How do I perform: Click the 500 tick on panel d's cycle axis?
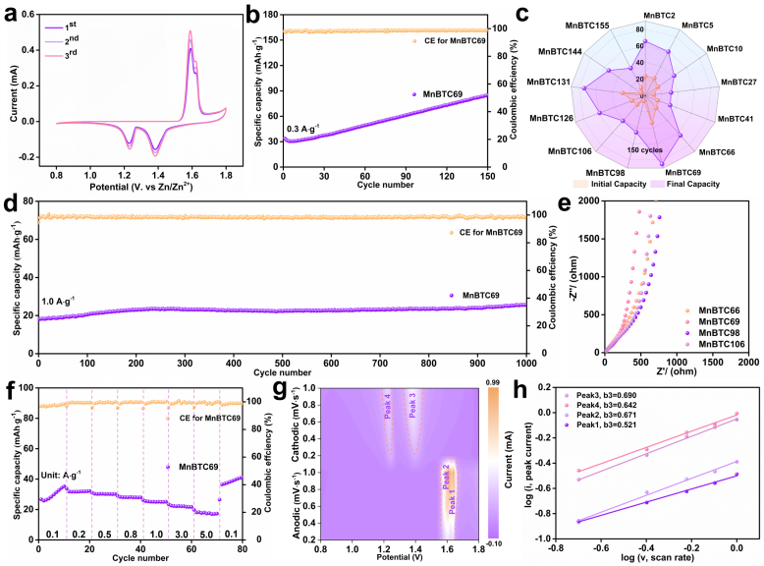(x=281, y=362)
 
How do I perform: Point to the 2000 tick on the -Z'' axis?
(x=585, y=200)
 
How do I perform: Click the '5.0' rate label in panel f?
(x=207, y=535)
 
